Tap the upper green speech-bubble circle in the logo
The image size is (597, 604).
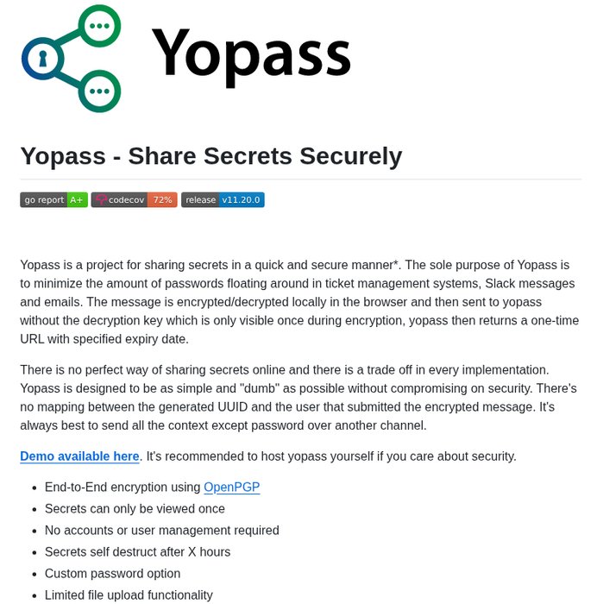tap(99, 26)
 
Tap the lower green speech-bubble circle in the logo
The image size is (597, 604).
tap(99, 90)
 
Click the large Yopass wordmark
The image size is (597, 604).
tap(251, 53)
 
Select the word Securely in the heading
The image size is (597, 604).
tap(350, 156)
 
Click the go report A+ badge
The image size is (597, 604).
tap(53, 199)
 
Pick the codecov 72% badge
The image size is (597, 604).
tap(134, 199)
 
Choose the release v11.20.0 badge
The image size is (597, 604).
tap(223, 199)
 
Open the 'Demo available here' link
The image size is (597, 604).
tap(79, 456)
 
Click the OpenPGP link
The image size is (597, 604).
tap(231, 488)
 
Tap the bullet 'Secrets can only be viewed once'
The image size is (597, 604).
tap(135, 509)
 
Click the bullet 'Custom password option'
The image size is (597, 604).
tap(112, 574)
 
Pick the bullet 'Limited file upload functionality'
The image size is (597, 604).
tap(129, 595)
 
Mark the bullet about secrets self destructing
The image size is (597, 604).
tap(137, 552)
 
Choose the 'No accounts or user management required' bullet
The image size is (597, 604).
tap(161, 531)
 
